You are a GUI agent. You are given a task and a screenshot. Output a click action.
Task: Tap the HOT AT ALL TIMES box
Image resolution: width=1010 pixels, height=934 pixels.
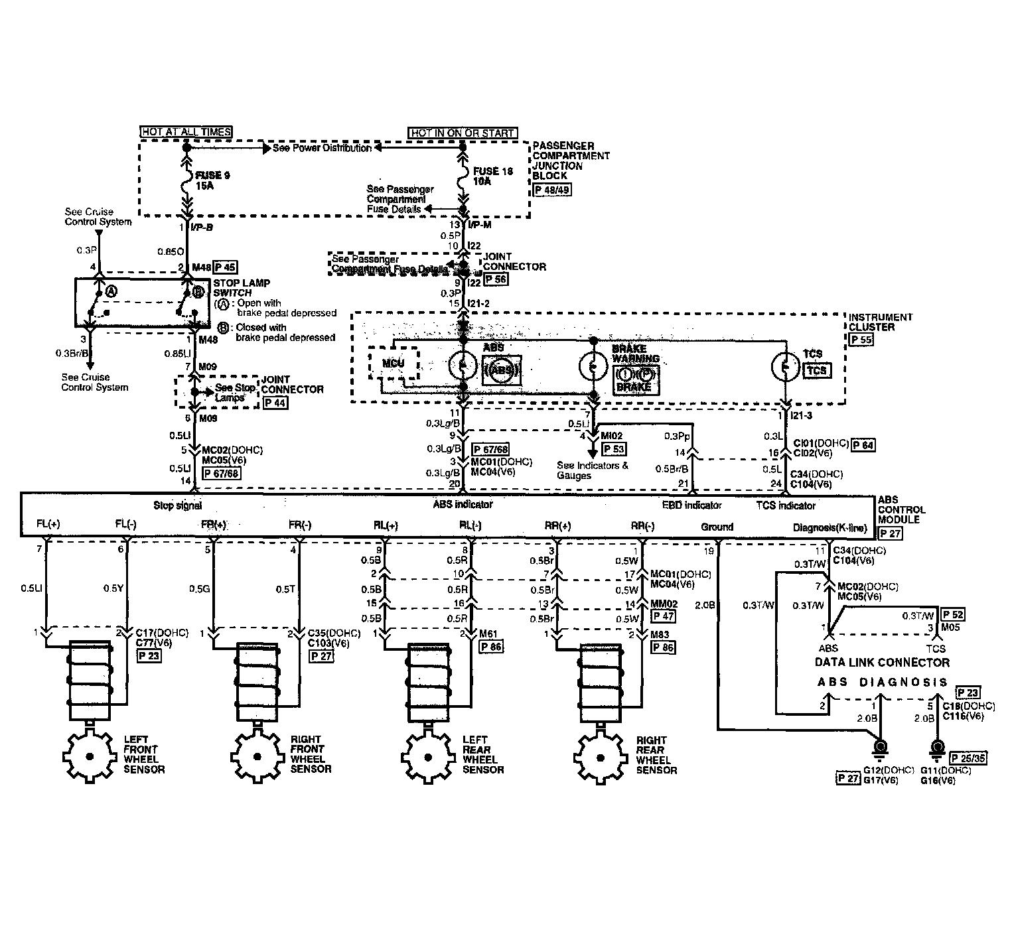(186, 132)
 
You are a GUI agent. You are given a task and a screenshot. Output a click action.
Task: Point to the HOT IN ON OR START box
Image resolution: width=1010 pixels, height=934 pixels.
(463, 133)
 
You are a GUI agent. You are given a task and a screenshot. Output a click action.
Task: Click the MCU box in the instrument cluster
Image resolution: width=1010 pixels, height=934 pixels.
(393, 364)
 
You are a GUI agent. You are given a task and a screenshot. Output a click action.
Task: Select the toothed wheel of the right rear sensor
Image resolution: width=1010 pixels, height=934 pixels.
(601, 756)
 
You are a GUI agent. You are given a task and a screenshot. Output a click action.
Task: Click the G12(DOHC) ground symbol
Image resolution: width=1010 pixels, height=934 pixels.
(880, 748)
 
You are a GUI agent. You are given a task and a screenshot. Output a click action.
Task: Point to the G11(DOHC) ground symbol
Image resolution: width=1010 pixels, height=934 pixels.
(936, 748)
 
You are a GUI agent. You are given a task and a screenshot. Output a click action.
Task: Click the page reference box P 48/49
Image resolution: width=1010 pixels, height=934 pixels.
(551, 189)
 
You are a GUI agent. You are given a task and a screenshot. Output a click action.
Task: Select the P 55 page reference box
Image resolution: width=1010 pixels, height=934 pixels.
(861, 339)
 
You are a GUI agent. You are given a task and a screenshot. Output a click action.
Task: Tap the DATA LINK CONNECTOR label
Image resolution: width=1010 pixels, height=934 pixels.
(882, 662)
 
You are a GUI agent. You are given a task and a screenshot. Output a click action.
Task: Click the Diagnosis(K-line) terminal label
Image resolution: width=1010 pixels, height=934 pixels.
(830, 528)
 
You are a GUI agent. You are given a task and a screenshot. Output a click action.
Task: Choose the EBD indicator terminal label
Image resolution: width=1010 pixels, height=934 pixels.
(691, 505)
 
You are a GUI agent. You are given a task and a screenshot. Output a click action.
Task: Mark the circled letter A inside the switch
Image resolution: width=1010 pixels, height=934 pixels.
(111, 291)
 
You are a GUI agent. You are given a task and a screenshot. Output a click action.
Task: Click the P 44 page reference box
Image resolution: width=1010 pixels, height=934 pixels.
(275, 402)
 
